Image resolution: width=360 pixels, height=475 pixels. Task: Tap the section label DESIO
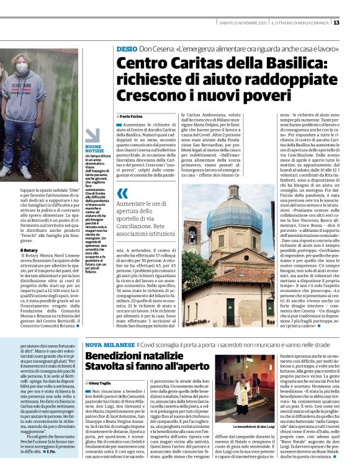[126, 48]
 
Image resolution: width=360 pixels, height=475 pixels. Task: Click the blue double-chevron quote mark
[122, 193]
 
